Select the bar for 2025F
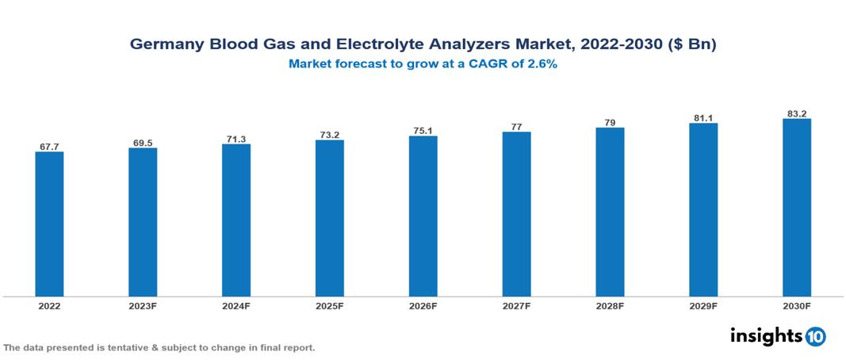329,218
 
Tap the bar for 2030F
796,208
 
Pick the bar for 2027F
516,214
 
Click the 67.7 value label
49,147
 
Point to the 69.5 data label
143,143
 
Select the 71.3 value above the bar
236,139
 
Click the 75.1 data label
423,131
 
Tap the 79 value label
610,123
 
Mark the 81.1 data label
703,118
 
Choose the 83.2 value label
796,114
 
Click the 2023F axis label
143,305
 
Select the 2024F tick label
236,305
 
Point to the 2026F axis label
423,305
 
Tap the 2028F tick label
610,305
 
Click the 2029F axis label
703,305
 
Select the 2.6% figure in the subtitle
542,65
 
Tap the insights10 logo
778,336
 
